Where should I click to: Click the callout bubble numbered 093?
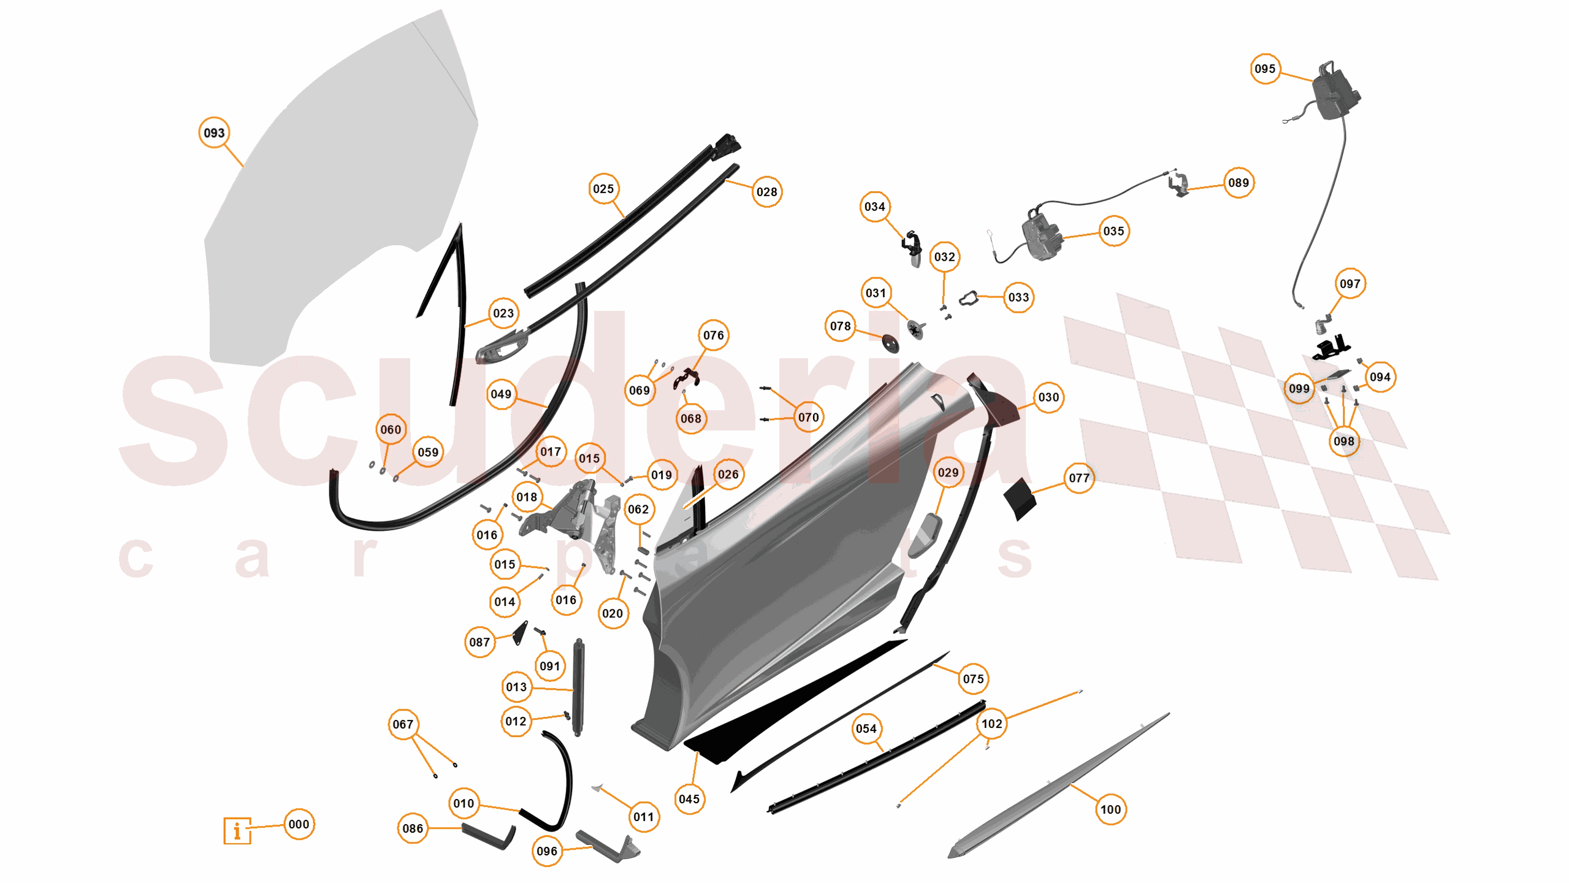pos(214,133)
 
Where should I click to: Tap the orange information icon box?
pos(237,831)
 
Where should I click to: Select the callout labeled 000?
pos(299,824)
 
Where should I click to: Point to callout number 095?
pos(1265,69)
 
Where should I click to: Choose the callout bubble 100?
pos(1110,809)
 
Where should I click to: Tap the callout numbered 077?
pos(1079,478)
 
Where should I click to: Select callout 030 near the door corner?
pos(1048,397)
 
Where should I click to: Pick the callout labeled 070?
pos(808,418)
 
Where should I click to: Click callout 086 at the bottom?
pos(413,828)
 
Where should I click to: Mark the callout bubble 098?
pos(1343,442)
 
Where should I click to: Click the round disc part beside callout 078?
pos(890,343)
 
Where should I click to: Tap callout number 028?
pos(766,192)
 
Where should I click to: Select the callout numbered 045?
pos(689,799)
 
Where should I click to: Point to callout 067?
pos(403,724)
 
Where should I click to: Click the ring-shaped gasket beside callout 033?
pos(968,299)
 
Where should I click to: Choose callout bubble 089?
pos(1239,183)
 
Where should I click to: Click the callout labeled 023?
pos(503,313)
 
